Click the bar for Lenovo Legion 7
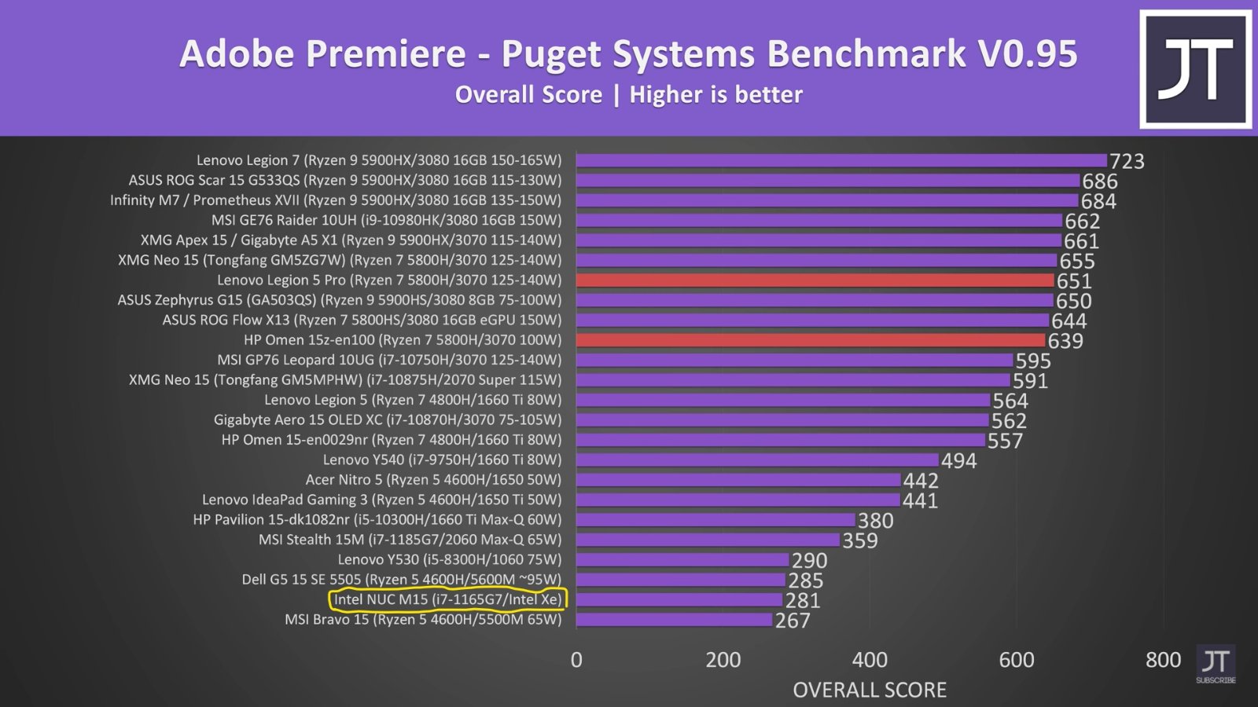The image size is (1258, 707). (841, 160)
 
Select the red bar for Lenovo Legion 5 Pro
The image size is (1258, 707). (815, 280)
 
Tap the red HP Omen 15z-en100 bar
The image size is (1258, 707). (811, 340)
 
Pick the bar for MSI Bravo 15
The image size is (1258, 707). (674, 620)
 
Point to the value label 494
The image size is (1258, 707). (958, 460)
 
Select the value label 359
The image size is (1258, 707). (859, 540)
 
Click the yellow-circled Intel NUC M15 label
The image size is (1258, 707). (447, 599)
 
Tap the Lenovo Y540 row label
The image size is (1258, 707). (442, 460)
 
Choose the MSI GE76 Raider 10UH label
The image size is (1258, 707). (386, 220)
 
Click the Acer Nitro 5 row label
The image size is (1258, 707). (433, 479)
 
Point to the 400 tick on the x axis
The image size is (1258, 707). (870, 660)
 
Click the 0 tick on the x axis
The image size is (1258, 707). (576, 660)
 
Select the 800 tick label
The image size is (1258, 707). (1163, 660)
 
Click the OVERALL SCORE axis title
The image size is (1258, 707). (869, 690)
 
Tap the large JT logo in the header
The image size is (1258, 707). (1195, 69)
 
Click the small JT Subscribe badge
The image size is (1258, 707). (1216, 665)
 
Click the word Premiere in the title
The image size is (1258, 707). (385, 53)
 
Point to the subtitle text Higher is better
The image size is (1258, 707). (715, 95)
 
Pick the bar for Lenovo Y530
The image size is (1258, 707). (682, 560)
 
